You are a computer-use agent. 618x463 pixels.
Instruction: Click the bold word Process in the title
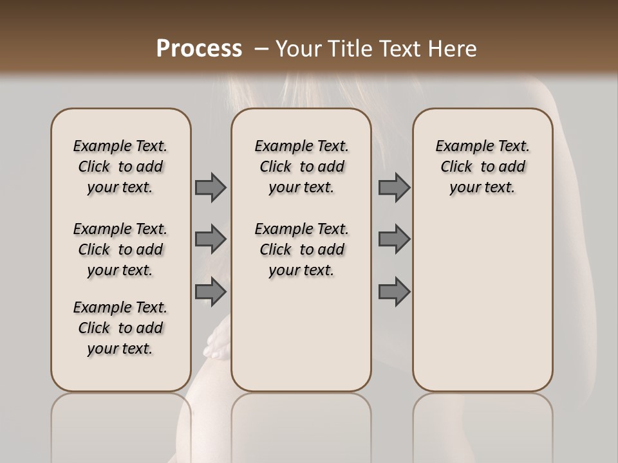coord(199,48)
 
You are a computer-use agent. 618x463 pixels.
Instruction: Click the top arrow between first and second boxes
coord(211,188)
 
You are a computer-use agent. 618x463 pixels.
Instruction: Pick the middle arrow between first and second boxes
coord(211,239)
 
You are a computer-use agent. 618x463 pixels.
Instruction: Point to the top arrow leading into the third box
coord(394,188)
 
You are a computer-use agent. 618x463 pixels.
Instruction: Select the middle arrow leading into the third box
coord(394,239)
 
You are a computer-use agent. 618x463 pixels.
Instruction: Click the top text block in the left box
coord(120,167)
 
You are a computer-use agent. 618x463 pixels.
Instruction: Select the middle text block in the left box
coord(120,250)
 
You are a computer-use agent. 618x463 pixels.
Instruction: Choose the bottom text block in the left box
coord(120,328)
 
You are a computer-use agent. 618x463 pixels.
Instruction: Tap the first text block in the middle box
coord(301,167)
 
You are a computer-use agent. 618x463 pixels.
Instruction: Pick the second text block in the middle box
coord(301,250)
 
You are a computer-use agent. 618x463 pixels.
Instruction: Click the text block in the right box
coord(482,167)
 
